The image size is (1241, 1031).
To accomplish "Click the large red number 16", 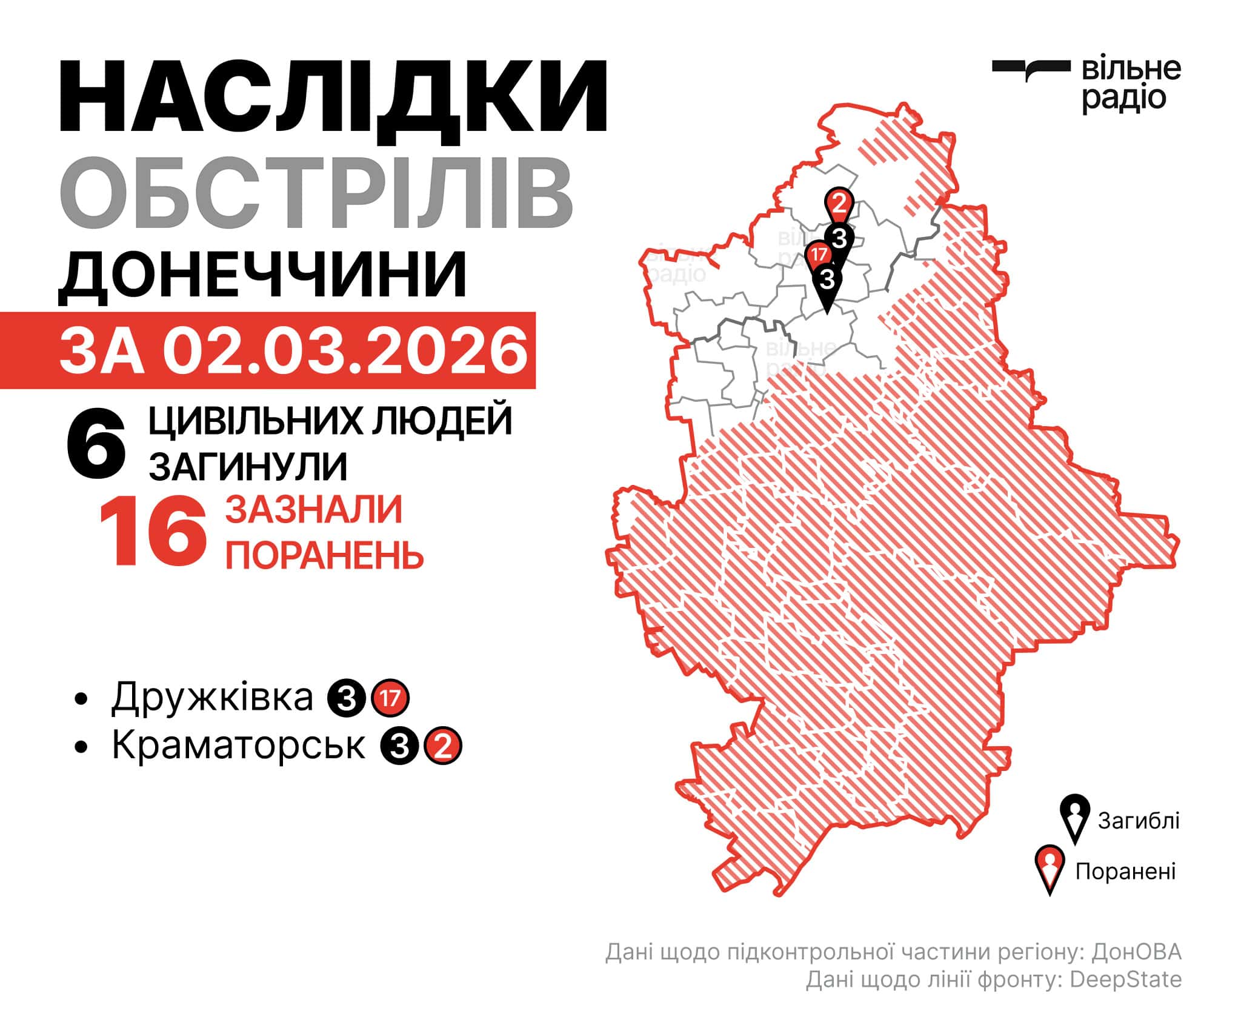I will click(153, 532).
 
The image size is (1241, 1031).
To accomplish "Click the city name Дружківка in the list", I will click(212, 697).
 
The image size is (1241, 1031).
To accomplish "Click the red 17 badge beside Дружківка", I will click(390, 698).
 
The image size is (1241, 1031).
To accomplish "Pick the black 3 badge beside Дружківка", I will click(347, 698).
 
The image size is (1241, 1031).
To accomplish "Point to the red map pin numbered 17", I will click(819, 254).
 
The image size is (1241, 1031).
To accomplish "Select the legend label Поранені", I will click(1125, 872).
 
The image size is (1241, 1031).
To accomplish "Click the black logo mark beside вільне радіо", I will click(1031, 69).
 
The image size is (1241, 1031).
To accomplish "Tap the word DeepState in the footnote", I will click(1125, 996).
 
